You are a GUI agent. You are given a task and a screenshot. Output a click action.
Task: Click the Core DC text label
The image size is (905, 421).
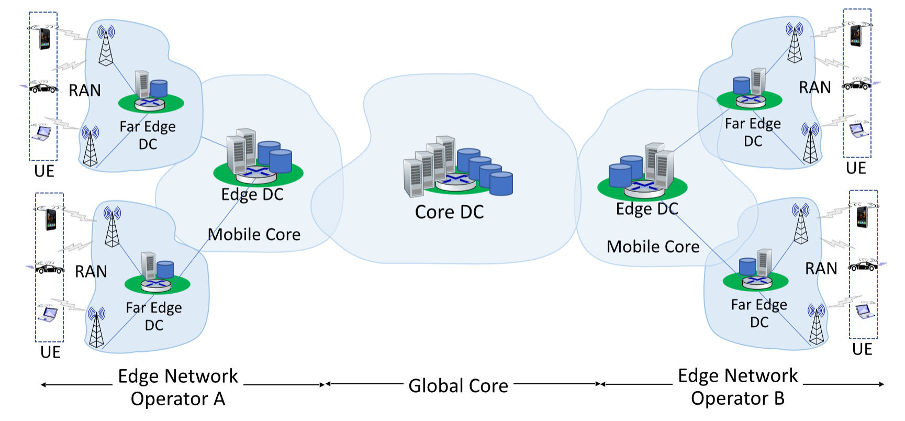449,212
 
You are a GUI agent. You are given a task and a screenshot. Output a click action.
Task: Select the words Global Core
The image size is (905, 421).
458,386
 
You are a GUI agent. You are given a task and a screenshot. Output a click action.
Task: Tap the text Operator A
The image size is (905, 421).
178,399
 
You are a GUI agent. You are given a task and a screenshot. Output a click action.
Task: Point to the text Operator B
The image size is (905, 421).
738,398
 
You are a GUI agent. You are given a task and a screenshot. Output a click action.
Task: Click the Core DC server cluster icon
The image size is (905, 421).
457,167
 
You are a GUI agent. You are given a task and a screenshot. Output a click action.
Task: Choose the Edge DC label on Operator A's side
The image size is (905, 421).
252,195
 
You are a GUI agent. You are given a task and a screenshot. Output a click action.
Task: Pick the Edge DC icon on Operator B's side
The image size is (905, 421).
642,172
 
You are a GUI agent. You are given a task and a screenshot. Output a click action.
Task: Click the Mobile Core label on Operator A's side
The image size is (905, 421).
254,235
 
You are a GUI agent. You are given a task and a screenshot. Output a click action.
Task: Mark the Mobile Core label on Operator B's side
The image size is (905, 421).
653,247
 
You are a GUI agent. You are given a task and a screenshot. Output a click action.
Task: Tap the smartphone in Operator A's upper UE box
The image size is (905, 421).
44,38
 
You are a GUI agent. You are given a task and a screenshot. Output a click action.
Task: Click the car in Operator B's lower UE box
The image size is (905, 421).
863,265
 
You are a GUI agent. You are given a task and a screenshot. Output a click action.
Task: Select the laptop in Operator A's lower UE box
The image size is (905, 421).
48,313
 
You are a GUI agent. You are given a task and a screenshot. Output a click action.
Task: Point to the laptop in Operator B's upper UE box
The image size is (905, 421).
857,129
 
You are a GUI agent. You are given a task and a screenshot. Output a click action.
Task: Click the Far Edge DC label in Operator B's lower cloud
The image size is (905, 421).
758,313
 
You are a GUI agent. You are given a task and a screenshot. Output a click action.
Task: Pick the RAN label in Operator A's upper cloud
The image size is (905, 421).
85,91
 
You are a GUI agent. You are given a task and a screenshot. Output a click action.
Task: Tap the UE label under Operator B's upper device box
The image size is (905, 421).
856,168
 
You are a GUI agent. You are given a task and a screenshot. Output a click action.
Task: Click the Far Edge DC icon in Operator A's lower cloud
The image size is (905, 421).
157,272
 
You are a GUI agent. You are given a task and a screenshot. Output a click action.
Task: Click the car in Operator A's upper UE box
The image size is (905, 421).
43,87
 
